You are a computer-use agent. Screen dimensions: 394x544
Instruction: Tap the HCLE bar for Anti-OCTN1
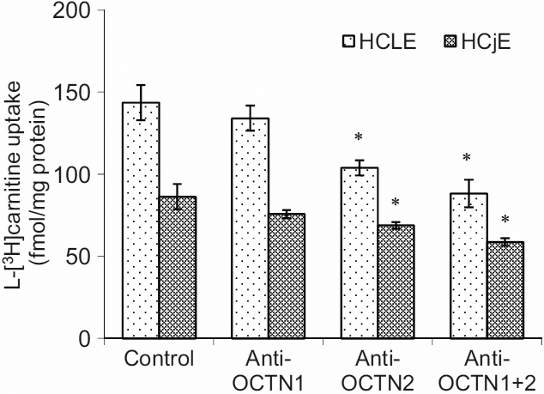tap(250, 228)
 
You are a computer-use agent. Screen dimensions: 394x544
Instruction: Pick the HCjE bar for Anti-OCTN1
tap(287, 276)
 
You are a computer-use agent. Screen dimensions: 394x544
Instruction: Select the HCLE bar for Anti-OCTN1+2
tap(469, 266)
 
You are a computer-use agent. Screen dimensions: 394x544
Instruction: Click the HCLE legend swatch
tap(347, 40)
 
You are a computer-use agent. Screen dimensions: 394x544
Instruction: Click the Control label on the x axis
tap(159, 357)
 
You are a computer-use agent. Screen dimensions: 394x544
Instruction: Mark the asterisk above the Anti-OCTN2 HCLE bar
tap(359, 138)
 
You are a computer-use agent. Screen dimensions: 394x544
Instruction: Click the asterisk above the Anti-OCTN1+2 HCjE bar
tap(505, 220)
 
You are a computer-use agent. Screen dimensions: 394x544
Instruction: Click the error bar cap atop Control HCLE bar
tap(141, 85)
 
